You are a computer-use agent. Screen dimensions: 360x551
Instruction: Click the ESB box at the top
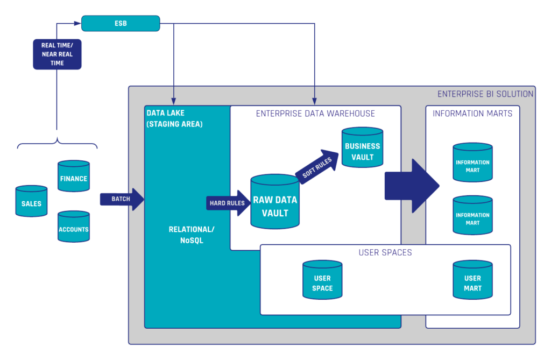click(121, 23)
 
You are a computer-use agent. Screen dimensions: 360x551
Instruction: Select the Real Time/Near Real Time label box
click(57, 54)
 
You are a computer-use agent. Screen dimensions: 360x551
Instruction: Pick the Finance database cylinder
click(74, 177)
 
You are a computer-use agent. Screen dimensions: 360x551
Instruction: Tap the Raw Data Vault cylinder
click(275, 203)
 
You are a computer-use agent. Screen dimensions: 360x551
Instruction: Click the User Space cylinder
click(322, 281)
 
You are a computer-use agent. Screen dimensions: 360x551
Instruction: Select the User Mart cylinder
click(472, 281)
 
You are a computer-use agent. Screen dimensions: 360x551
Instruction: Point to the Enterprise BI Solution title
click(485, 94)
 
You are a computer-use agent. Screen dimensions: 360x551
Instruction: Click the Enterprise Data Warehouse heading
click(315, 114)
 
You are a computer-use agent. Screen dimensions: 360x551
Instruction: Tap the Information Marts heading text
click(472, 114)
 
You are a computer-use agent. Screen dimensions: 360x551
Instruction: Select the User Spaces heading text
click(385, 252)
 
